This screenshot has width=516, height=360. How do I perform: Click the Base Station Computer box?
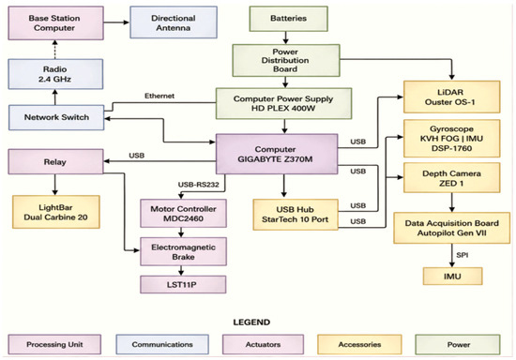point(56,23)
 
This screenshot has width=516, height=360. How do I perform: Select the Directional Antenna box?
point(174,22)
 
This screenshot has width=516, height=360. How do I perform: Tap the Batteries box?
point(289,19)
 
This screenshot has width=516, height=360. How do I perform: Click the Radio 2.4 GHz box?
point(55,74)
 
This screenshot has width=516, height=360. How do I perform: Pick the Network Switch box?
point(56,117)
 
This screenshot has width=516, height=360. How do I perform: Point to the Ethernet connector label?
point(159,96)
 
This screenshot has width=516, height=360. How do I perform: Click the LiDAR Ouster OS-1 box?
point(452,97)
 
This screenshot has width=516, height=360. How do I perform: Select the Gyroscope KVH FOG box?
point(452,139)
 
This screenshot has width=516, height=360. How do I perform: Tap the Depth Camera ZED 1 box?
point(452,178)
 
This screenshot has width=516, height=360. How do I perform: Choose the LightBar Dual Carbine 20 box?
point(56,212)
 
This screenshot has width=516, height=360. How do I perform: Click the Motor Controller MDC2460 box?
point(183,214)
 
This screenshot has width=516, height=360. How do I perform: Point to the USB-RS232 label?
point(199,185)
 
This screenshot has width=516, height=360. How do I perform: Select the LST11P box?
point(183,284)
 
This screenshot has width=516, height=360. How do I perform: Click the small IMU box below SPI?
point(452,277)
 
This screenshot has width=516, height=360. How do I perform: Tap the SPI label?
point(463,255)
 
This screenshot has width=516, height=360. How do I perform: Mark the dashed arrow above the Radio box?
point(55,50)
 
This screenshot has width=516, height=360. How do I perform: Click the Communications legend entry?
point(162,345)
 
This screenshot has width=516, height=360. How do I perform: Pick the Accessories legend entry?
point(359,345)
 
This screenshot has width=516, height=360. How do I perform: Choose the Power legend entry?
point(458,345)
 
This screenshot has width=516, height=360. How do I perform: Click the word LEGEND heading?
point(251,322)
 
